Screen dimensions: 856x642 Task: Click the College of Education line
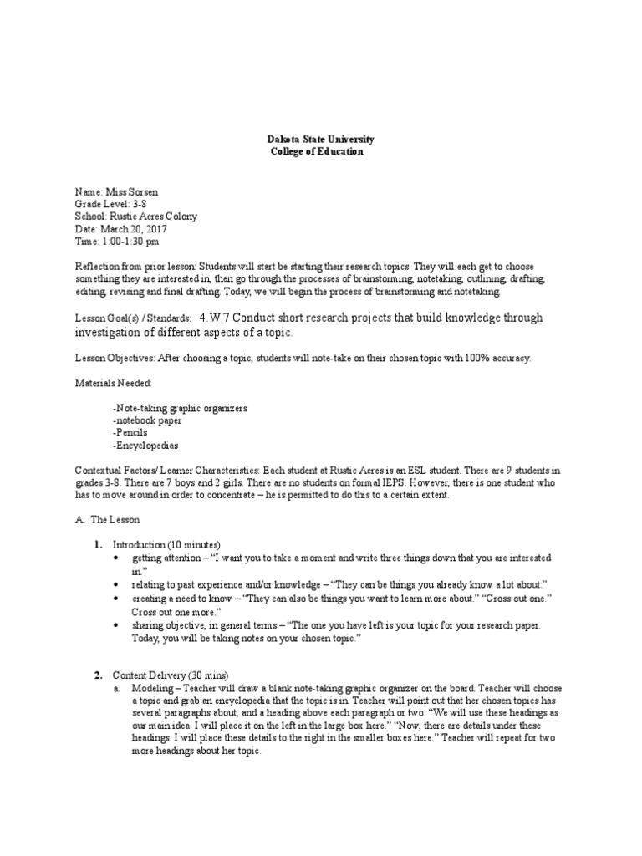317,152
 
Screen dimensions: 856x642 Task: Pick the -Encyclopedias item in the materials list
145,446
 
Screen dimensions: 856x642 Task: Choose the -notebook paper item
146,420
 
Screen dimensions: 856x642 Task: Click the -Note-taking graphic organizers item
179,408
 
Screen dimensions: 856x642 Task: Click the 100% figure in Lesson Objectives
468,359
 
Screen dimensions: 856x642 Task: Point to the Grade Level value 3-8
136,204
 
